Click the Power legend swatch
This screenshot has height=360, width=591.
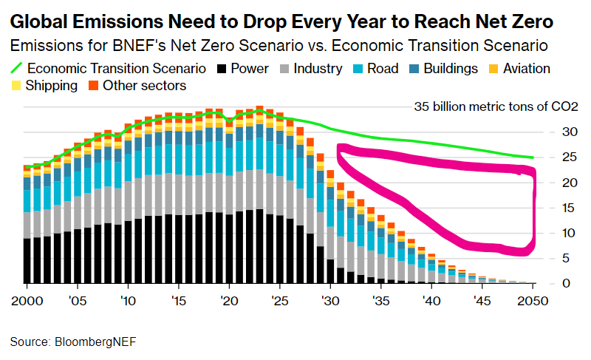click(222, 69)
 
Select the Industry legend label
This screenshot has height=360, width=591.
click(318, 69)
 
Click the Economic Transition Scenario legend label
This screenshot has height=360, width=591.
click(117, 69)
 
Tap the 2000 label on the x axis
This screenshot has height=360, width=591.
click(27, 301)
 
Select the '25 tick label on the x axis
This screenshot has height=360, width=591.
click(280, 301)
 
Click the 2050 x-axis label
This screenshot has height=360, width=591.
click(532, 301)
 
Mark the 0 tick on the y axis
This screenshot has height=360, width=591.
click(566, 283)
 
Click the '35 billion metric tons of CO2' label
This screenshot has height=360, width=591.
click(496, 106)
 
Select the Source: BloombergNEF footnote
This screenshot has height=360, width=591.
click(72, 342)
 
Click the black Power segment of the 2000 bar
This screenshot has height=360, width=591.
click(27, 260)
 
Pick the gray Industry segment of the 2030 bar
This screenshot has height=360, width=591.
click(330, 242)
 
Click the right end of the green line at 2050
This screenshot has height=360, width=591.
click(533, 157)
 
